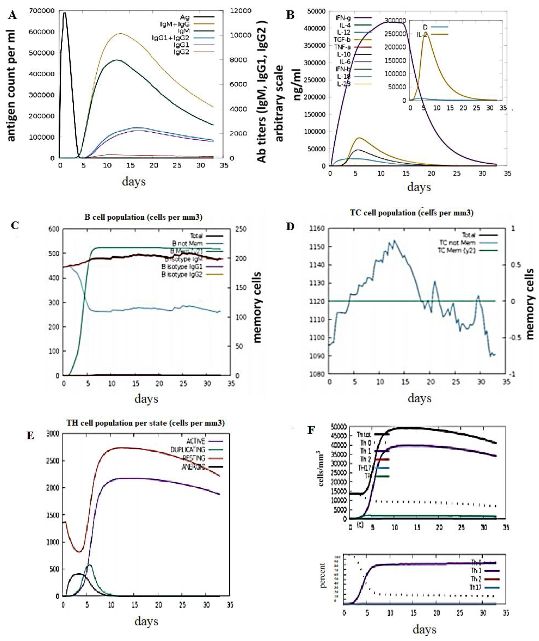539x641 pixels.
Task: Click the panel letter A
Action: [x=12, y=15]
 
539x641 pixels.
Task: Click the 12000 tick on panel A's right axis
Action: [x=241, y=11]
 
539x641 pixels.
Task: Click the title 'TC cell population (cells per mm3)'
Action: [x=412, y=213]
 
